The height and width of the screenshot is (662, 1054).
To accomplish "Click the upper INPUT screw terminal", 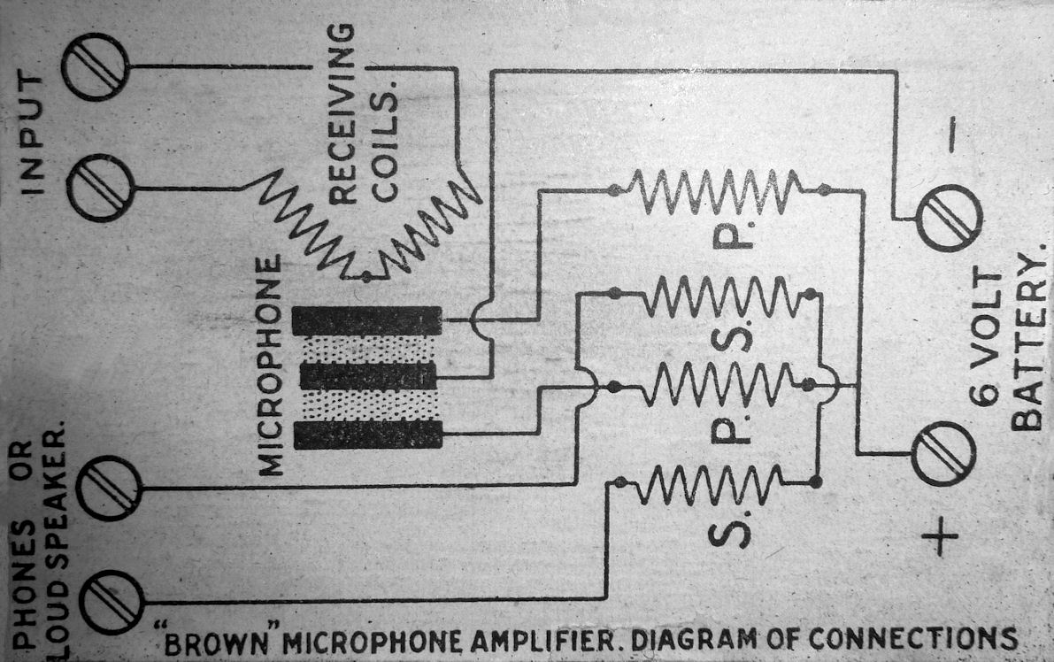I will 95,66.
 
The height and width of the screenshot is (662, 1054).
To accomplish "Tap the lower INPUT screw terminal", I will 100,188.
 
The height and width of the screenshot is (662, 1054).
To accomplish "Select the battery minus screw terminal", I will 949,218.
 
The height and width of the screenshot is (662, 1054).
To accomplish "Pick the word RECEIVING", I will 345,112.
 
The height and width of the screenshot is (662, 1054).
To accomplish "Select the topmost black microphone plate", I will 366,319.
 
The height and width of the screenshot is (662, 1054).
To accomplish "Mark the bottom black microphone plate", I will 367,434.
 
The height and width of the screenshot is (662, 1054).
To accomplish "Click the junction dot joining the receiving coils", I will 366,277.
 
